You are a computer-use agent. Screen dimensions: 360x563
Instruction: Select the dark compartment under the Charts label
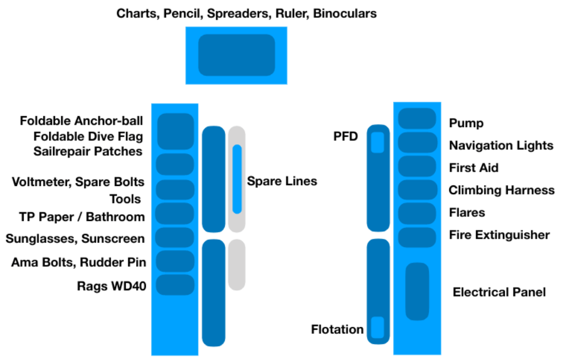(236, 55)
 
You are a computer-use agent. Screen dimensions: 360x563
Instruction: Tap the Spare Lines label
(281, 181)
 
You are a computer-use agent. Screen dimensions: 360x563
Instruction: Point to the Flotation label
(337, 329)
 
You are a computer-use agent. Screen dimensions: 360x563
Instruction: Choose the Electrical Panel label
(499, 292)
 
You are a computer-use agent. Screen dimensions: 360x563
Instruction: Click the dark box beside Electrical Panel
(417, 291)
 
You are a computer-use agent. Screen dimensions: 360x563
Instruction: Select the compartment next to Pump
(417, 119)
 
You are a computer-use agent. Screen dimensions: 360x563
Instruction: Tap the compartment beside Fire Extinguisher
(417, 237)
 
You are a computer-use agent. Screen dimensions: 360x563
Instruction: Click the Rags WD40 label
(111, 286)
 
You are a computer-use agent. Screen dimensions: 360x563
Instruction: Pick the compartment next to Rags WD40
(175, 285)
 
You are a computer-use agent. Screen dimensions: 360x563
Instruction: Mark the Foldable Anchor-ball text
(81, 121)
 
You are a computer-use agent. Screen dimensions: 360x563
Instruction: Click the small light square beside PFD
(377, 142)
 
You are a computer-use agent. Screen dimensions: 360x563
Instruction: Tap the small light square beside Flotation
(377, 327)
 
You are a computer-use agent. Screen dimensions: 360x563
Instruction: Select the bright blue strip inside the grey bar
(237, 179)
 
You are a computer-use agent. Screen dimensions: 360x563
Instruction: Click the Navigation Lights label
(501, 145)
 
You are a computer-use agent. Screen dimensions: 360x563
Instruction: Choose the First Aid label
(473, 168)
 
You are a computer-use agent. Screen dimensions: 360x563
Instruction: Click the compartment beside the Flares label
(417, 213)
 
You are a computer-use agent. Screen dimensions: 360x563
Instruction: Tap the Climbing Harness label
(501, 190)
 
